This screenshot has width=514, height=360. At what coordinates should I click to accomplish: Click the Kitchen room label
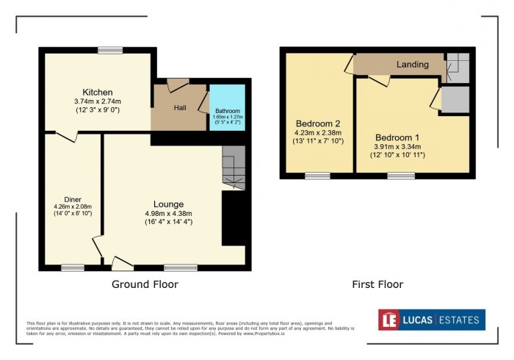click(x=97, y=92)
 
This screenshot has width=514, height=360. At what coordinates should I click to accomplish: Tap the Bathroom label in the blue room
click(x=228, y=111)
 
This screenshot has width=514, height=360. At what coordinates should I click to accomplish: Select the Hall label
click(x=180, y=108)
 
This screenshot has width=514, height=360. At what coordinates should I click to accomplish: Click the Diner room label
click(x=73, y=199)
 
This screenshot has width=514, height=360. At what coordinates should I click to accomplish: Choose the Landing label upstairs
click(x=412, y=65)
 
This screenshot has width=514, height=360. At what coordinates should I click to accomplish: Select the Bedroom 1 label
click(x=397, y=137)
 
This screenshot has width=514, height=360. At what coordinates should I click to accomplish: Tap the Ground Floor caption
click(x=145, y=284)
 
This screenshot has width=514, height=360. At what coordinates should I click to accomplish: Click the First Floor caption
click(x=377, y=284)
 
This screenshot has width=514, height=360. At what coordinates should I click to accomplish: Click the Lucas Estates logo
click(x=432, y=320)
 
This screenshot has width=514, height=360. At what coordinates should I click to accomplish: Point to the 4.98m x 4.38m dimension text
click(x=168, y=214)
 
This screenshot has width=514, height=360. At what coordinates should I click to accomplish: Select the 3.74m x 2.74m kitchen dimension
click(x=97, y=101)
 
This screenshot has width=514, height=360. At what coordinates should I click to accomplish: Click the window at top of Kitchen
click(x=109, y=51)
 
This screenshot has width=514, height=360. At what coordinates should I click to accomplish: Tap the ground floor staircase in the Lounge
click(x=234, y=168)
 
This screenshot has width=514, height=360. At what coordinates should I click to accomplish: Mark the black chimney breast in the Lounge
click(x=234, y=218)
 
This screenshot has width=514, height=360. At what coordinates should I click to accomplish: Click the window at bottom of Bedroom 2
click(x=317, y=176)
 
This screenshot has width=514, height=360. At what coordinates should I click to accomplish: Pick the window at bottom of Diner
click(x=73, y=268)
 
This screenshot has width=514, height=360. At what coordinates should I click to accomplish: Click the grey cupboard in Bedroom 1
click(x=455, y=99)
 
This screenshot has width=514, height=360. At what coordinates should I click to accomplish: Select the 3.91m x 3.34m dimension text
click(x=397, y=147)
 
